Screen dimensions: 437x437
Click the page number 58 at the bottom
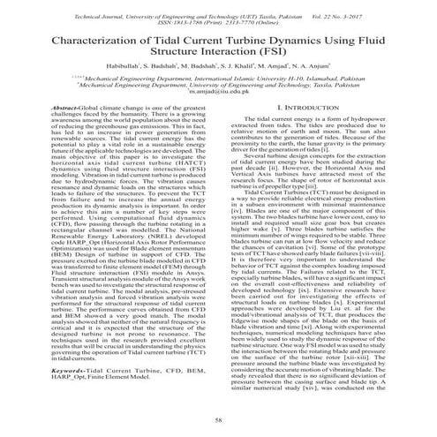click(218, 424)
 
